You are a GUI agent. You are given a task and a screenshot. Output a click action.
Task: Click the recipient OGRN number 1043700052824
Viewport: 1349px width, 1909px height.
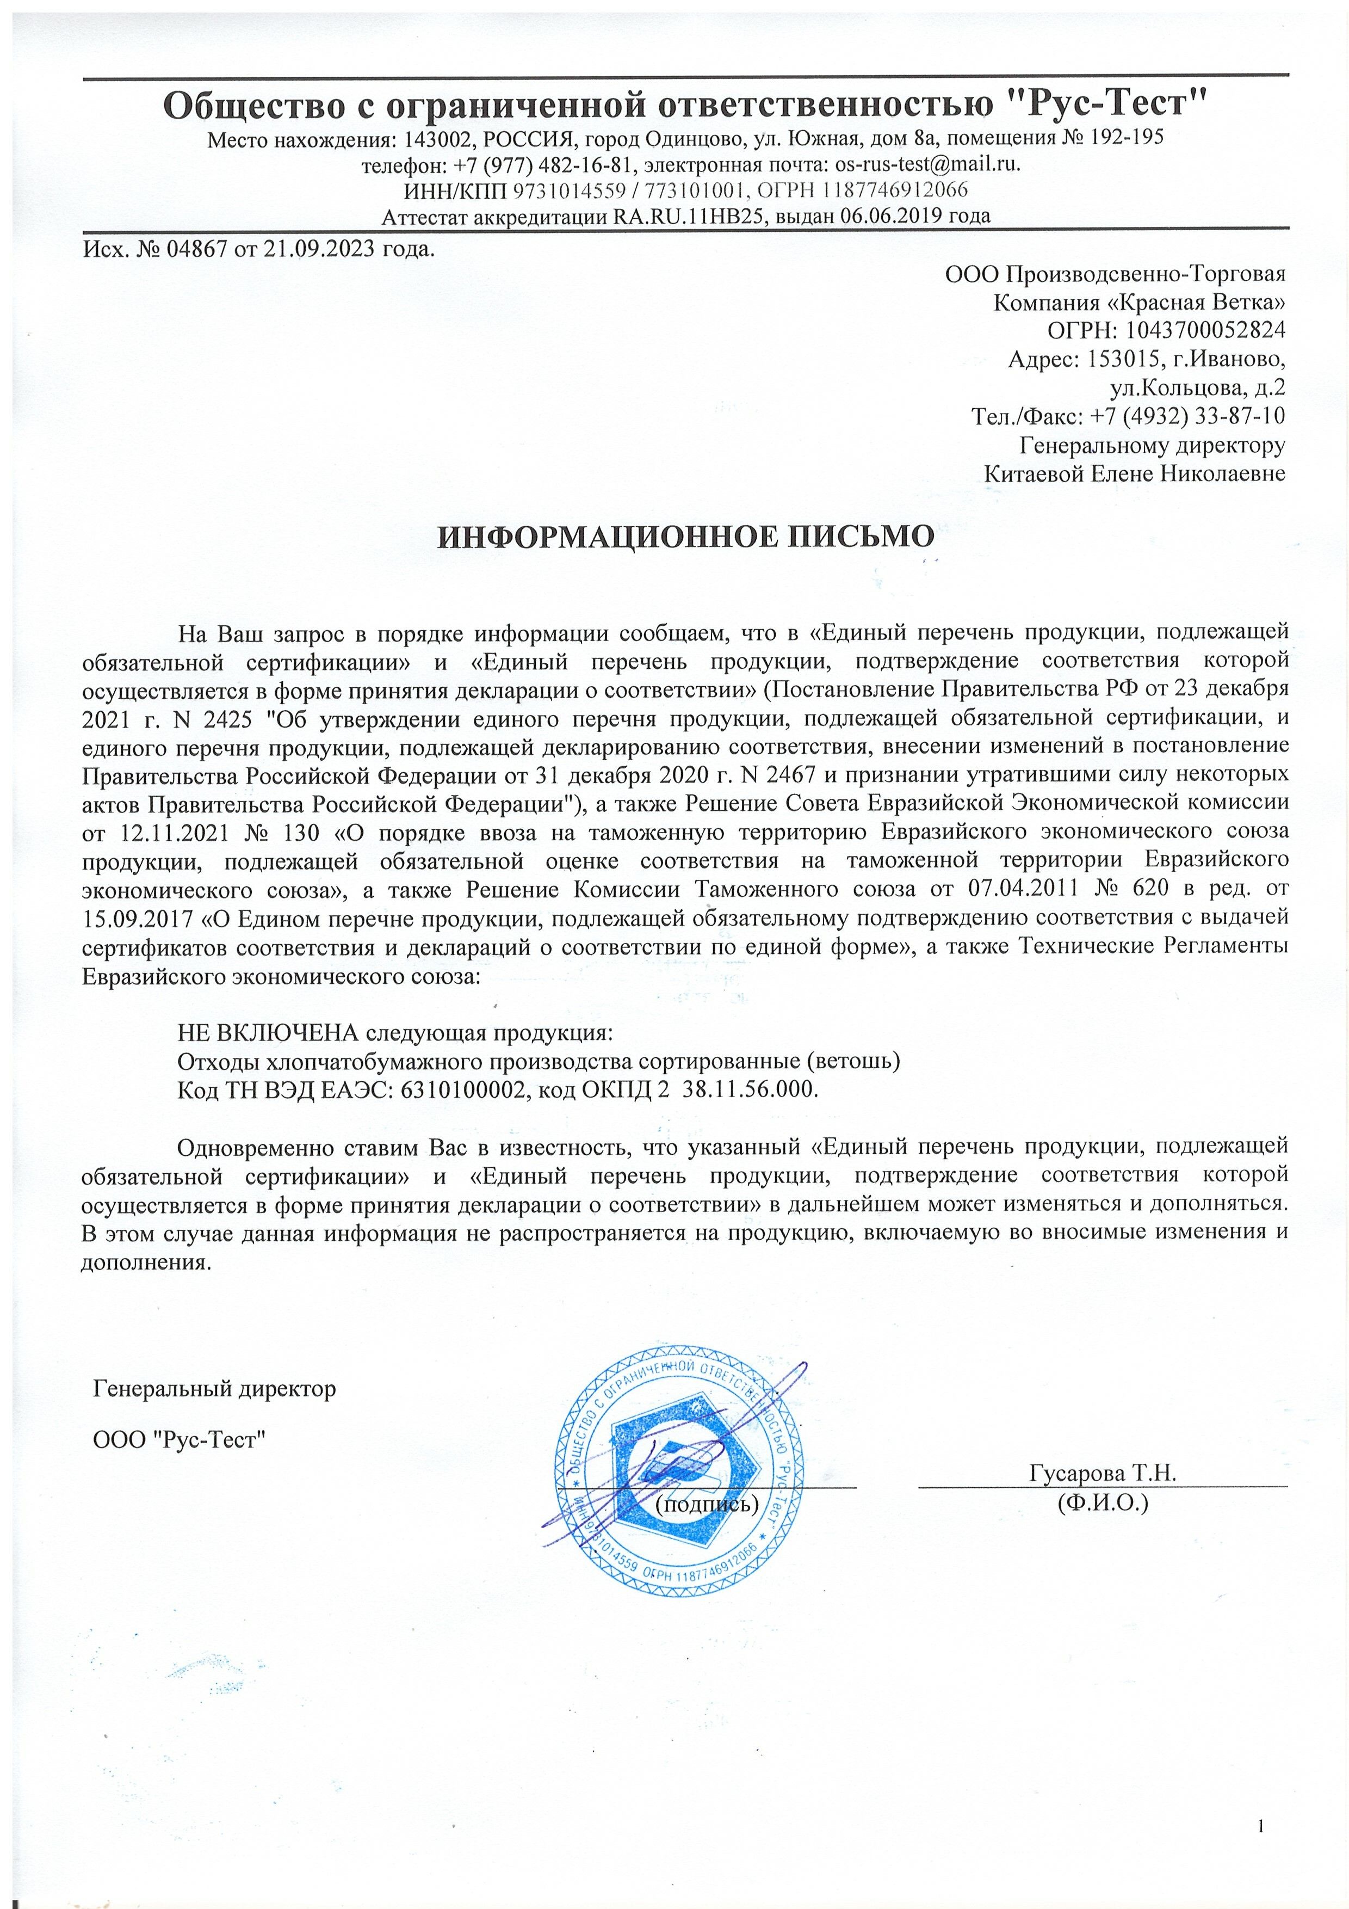(1205, 330)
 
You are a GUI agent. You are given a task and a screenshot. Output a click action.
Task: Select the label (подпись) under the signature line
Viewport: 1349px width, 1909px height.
(707, 1503)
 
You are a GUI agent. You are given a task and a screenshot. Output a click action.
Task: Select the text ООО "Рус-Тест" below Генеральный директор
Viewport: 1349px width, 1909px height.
(179, 1440)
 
